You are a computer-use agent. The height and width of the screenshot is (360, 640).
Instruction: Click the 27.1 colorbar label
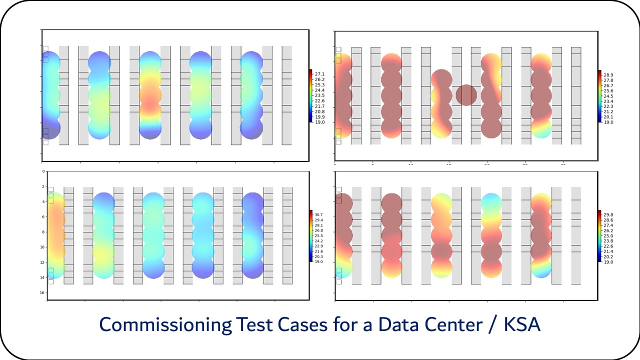tap(319, 74)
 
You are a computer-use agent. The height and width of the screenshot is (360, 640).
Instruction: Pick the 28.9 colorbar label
tap(608, 74)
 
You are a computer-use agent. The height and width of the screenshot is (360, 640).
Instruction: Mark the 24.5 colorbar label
tap(608, 96)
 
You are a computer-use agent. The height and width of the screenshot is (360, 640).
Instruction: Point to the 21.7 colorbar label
tap(319, 106)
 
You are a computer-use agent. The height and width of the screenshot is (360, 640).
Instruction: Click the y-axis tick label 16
tap(43, 292)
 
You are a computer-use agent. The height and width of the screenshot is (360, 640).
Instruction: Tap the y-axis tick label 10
tap(43, 247)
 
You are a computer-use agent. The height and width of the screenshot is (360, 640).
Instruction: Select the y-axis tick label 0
tap(43, 171)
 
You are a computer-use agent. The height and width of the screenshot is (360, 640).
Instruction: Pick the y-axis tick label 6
tap(43, 216)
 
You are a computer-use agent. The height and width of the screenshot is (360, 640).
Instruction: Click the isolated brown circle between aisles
tap(466, 95)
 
